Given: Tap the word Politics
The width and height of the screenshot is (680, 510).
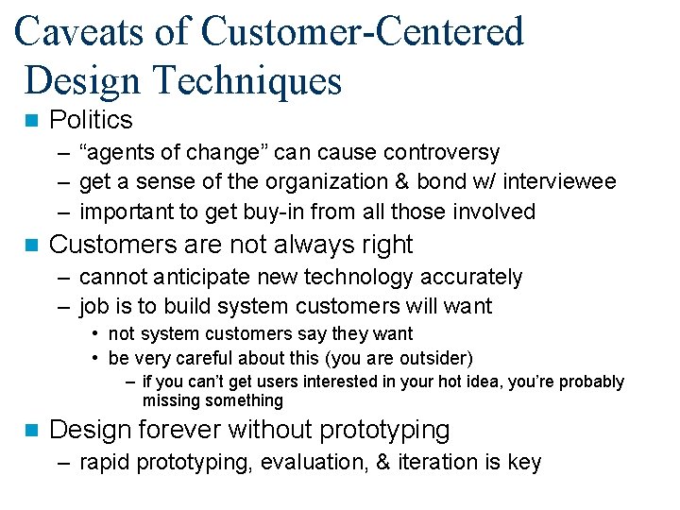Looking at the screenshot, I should point(91,120).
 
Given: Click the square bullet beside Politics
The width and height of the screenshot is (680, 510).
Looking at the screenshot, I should point(31,121).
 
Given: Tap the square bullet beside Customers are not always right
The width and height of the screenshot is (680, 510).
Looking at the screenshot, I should point(31,246).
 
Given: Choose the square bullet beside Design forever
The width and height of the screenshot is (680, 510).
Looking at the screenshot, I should point(31,431).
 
